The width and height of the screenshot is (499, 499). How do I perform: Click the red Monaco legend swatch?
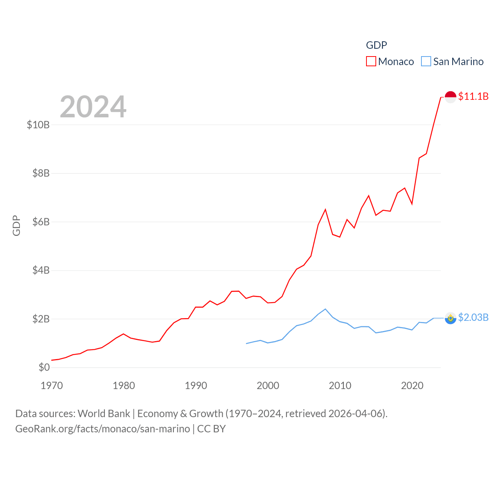coord(371,62)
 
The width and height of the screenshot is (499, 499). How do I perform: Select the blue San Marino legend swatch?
coord(426,62)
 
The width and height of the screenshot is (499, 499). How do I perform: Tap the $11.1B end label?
coord(473,96)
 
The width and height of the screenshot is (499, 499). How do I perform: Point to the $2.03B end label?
coord(473,317)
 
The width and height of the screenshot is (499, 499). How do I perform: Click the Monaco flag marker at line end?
coord(451,97)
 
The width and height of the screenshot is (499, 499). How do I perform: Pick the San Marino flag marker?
coord(451,318)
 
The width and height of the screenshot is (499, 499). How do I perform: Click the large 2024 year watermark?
coord(93,107)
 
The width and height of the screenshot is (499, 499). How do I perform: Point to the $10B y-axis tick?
coord(38,125)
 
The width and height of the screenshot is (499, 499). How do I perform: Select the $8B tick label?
coord(41,173)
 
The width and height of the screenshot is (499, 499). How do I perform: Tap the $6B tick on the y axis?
coord(41,222)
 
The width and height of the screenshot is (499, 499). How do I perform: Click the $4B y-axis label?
coord(41,270)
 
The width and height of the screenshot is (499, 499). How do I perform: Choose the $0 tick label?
coord(44,367)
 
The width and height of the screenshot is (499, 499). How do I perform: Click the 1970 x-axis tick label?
coord(52,386)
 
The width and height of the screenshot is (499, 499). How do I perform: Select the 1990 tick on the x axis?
coord(196,386)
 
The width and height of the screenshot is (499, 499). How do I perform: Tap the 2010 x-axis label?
coord(340,386)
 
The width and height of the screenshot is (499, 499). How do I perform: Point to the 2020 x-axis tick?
coord(412,386)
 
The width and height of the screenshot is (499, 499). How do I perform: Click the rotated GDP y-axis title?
coord(16,225)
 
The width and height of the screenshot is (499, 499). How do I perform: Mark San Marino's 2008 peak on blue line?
coord(325,309)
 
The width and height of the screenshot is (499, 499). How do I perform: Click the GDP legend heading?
coord(377,45)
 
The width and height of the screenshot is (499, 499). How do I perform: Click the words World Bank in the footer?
coord(104,413)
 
